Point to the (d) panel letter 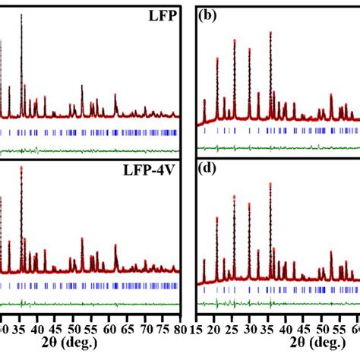click(x=207, y=171)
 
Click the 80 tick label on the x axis click(x=178, y=328)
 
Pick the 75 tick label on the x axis click(x=160, y=328)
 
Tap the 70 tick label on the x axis click(x=143, y=328)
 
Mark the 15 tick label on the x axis click(x=199, y=328)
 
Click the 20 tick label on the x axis click(x=216, y=328)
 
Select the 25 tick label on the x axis click(x=233, y=328)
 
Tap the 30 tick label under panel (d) click(x=251, y=328)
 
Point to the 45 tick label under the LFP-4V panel click(x=55, y=328)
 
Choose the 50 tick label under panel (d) click(x=321, y=328)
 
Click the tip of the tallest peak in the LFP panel click(x=21, y=14)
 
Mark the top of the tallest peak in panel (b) click(x=270, y=33)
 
